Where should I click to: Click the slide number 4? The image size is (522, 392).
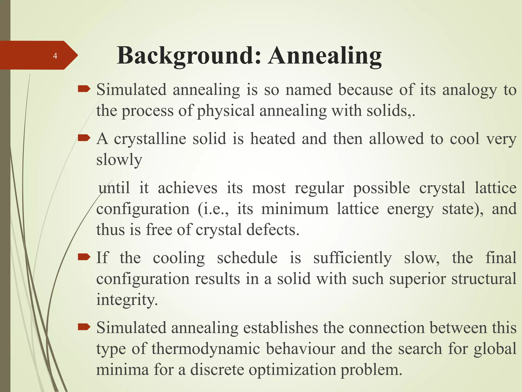coord(55,56)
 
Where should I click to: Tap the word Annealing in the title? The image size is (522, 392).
coord(325,56)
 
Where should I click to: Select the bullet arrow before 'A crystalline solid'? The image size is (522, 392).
coord(84,138)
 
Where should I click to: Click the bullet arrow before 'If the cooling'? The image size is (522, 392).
coord(84,257)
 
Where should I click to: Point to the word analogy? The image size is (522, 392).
coord(469,90)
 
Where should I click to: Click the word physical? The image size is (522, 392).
coord(226,111)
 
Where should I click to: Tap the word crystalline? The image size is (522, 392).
coord(150,139)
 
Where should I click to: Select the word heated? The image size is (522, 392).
coord(273,139)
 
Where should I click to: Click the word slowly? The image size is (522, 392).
coord(119,160)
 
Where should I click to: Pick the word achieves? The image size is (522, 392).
coord(187,188)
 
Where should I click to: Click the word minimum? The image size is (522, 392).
coord(295,209)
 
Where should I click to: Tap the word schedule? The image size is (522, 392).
coord(247,258)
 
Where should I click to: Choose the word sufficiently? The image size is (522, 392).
coord(352,258)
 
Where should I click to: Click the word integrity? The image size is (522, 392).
coord(127,300)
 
